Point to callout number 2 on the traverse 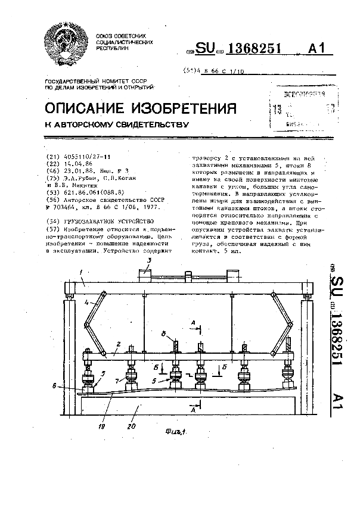[119, 345]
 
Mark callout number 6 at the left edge [54, 386]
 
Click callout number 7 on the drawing [118, 380]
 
